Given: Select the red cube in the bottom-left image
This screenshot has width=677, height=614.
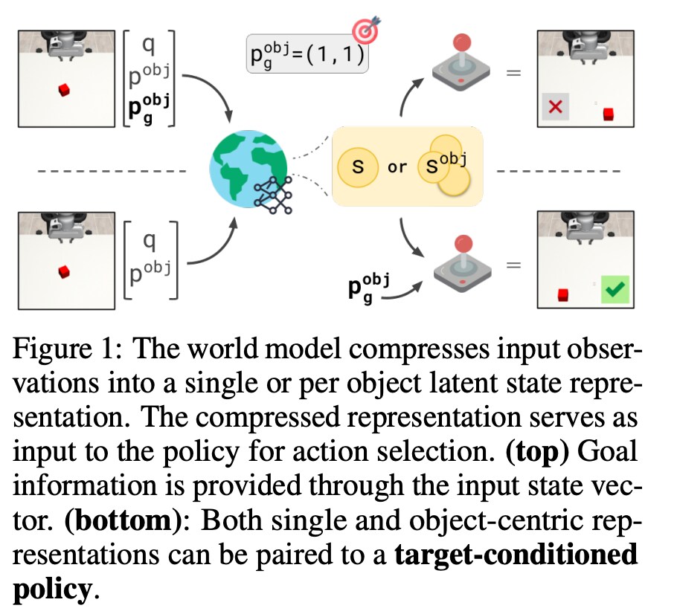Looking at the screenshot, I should (x=65, y=272).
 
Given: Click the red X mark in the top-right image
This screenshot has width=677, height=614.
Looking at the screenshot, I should (x=554, y=107).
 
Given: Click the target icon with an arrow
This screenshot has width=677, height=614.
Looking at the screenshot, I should (x=365, y=32).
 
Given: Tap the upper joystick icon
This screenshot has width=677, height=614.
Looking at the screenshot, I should (x=461, y=62).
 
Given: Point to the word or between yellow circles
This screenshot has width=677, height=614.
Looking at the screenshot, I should (x=397, y=167).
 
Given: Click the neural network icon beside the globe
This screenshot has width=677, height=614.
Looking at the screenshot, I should (x=274, y=195).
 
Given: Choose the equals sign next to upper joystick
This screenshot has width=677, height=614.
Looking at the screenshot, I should (x=513, y=73).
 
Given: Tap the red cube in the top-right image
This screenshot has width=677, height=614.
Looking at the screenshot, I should (x=609, y=114).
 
